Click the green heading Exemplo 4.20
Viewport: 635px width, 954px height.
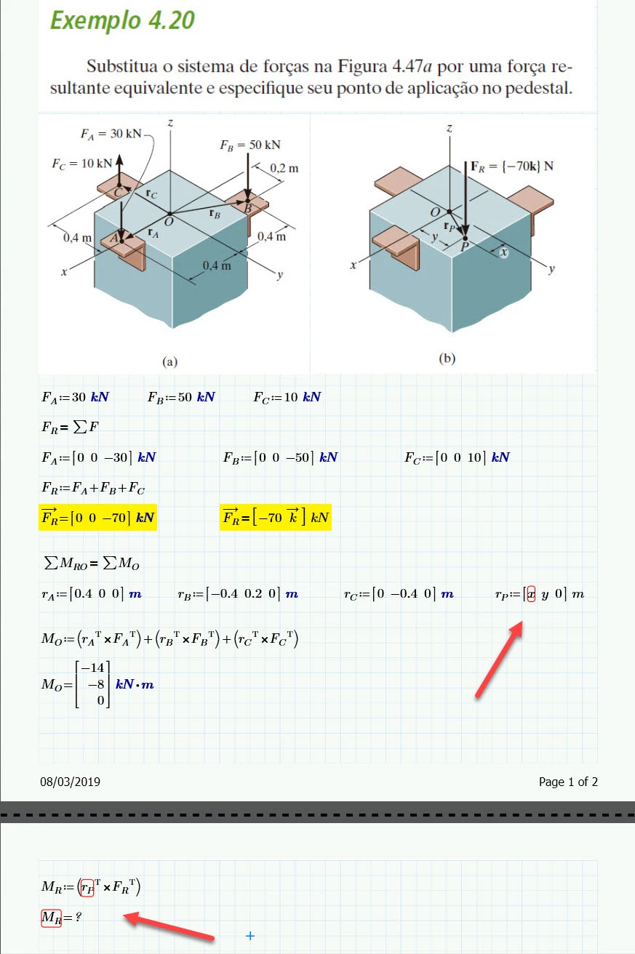click(x=122, y=20)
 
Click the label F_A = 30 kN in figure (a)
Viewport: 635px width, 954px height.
click(x=111, y=134)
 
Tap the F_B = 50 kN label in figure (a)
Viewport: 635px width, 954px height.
click(x=250, y=145)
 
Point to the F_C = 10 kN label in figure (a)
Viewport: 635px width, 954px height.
click(x=81, y=164)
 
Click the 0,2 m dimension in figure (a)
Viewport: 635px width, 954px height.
click(x=284, y=168)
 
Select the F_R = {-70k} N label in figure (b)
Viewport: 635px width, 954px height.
click(x=512, y=166)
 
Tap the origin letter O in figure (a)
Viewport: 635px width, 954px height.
click(x=169, y=222)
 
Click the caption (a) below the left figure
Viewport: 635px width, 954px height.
click(x=169, y=361)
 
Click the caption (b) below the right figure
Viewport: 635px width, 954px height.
click(x=447, y=358)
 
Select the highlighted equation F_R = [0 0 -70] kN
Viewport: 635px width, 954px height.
click(x=97, y=518)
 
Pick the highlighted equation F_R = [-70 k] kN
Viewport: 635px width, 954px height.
click(x=275, y=518)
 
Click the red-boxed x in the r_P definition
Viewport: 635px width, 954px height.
click(x=531, y=593)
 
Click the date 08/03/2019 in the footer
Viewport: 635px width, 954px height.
click(x=71, y=782)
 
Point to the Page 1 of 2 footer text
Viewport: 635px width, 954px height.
click(x=568, y=782)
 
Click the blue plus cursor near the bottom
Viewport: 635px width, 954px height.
click(x=250, y=936)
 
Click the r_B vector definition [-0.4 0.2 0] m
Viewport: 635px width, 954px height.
click(x=238, y=593)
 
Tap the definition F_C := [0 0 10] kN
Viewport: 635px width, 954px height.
click(x=457, y=457)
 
